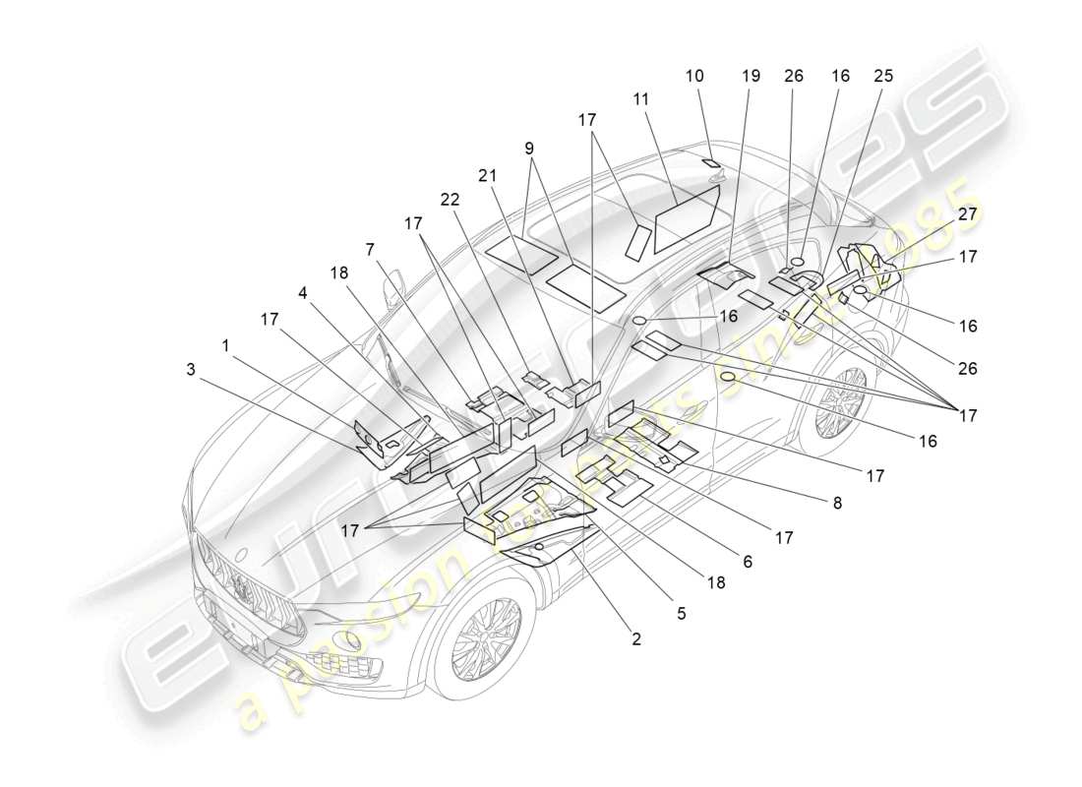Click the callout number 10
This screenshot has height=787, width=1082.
click(694, 76)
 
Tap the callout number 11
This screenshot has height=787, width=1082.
click(641, 99)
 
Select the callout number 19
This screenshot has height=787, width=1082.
click(751, 76)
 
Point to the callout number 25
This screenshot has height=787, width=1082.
click(881, 76)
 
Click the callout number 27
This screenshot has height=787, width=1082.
click(967, 213)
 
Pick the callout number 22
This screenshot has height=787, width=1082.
click(450, 200)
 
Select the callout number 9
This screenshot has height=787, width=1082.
click(529, 149)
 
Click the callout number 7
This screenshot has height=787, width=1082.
click(370, 250)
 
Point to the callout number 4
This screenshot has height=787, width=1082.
click(304, 292)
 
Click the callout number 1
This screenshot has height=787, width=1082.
click(226, 345)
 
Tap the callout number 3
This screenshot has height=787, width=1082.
click(189, 369)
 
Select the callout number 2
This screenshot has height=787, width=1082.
click(636, 638)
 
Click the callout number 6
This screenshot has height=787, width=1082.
click(748, 561)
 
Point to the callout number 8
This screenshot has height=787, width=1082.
click(837, 502)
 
